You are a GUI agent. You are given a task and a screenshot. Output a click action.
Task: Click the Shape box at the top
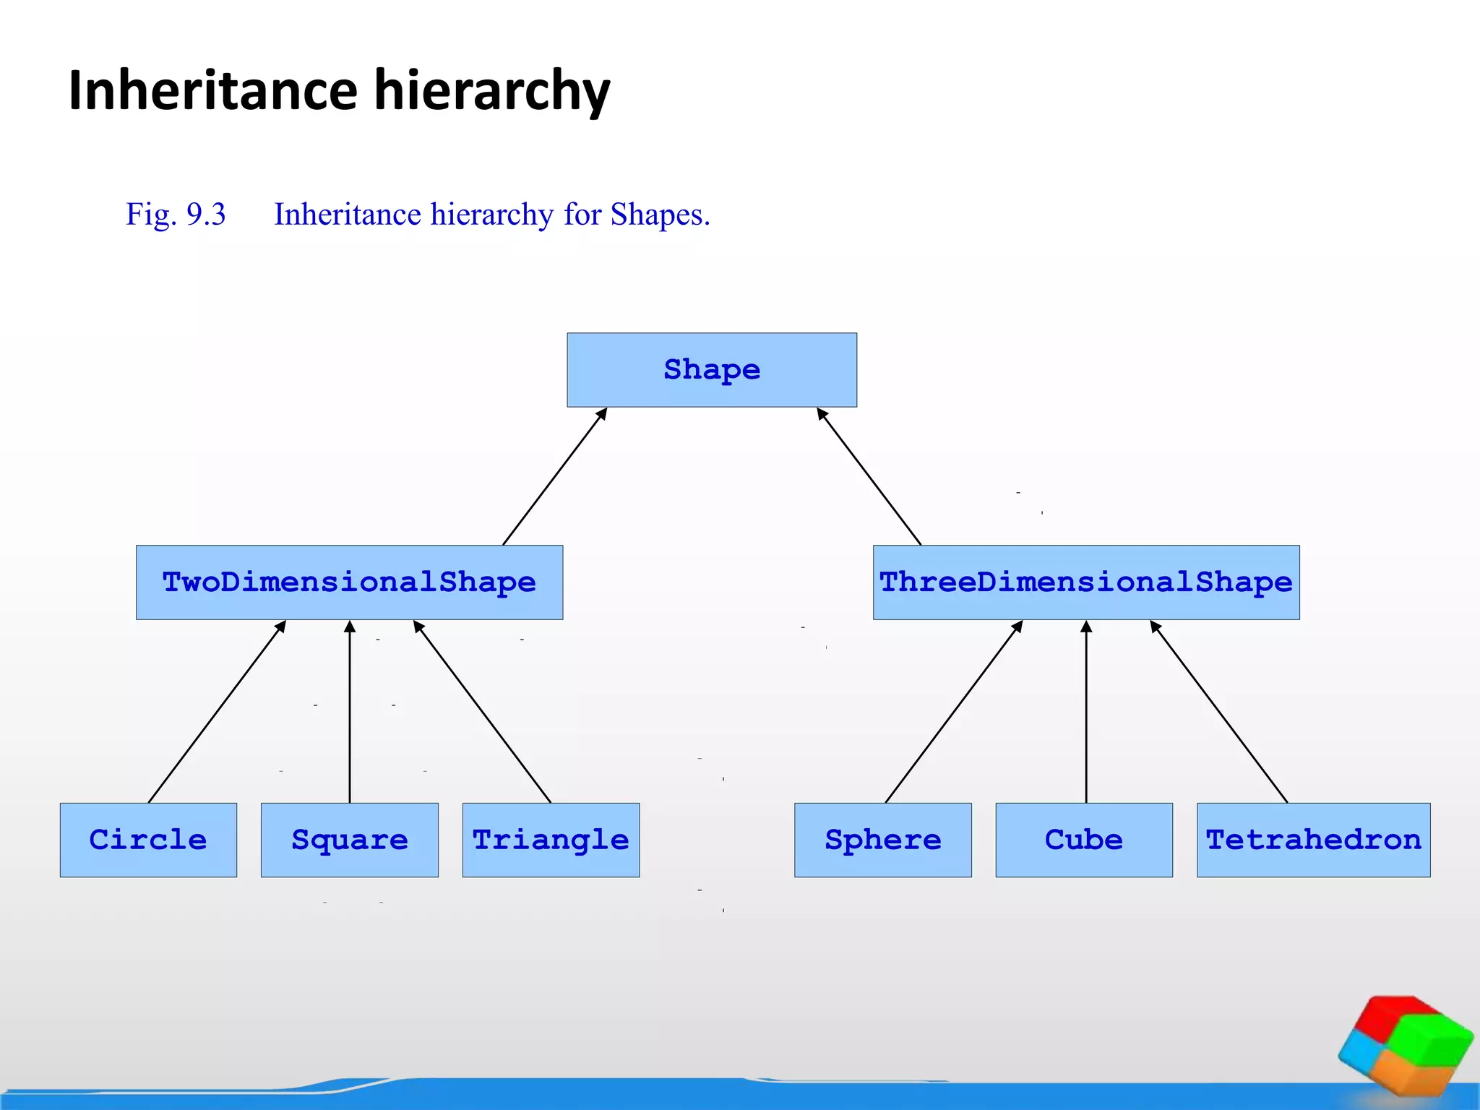[x=712, y=370]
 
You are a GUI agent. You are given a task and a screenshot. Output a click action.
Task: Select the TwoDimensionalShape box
[x=349, y=582]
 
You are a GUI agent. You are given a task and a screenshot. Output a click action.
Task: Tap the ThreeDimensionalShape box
[x=1086, y=582]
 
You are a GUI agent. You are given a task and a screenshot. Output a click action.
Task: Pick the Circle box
[x=148, y=840]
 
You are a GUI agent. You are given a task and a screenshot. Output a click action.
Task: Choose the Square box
[x=350, y=840]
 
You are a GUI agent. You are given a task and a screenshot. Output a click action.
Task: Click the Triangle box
[x=551, y=840]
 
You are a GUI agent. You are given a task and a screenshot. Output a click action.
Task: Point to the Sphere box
[x=883, y=840]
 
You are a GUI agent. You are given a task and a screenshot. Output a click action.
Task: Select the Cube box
[x=1084, y=840]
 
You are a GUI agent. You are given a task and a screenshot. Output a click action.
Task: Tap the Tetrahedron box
[x=1314, y=840]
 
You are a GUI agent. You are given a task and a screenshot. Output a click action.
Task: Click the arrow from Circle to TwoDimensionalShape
[x=217, y=712]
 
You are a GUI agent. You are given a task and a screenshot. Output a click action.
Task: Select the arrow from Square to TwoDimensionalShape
[x=350, y=712]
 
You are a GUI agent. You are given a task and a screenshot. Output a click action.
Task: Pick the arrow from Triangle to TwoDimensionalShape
[x=483, y=712]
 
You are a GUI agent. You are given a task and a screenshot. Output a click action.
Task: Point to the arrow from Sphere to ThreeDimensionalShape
[x=954, y=712]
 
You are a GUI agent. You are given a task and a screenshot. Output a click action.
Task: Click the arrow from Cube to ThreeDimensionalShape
[x=1086, y=712]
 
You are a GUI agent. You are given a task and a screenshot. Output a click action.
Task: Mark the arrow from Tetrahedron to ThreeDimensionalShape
[x=1219, y=712]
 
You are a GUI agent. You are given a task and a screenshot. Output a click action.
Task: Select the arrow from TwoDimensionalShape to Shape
[x=554, y=477]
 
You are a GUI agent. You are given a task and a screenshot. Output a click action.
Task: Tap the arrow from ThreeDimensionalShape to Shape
[x=869, y=477]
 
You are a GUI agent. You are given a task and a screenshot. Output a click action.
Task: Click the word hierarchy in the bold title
[x=491, y=91]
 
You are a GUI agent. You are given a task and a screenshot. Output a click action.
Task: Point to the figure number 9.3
[x=206, y=215]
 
